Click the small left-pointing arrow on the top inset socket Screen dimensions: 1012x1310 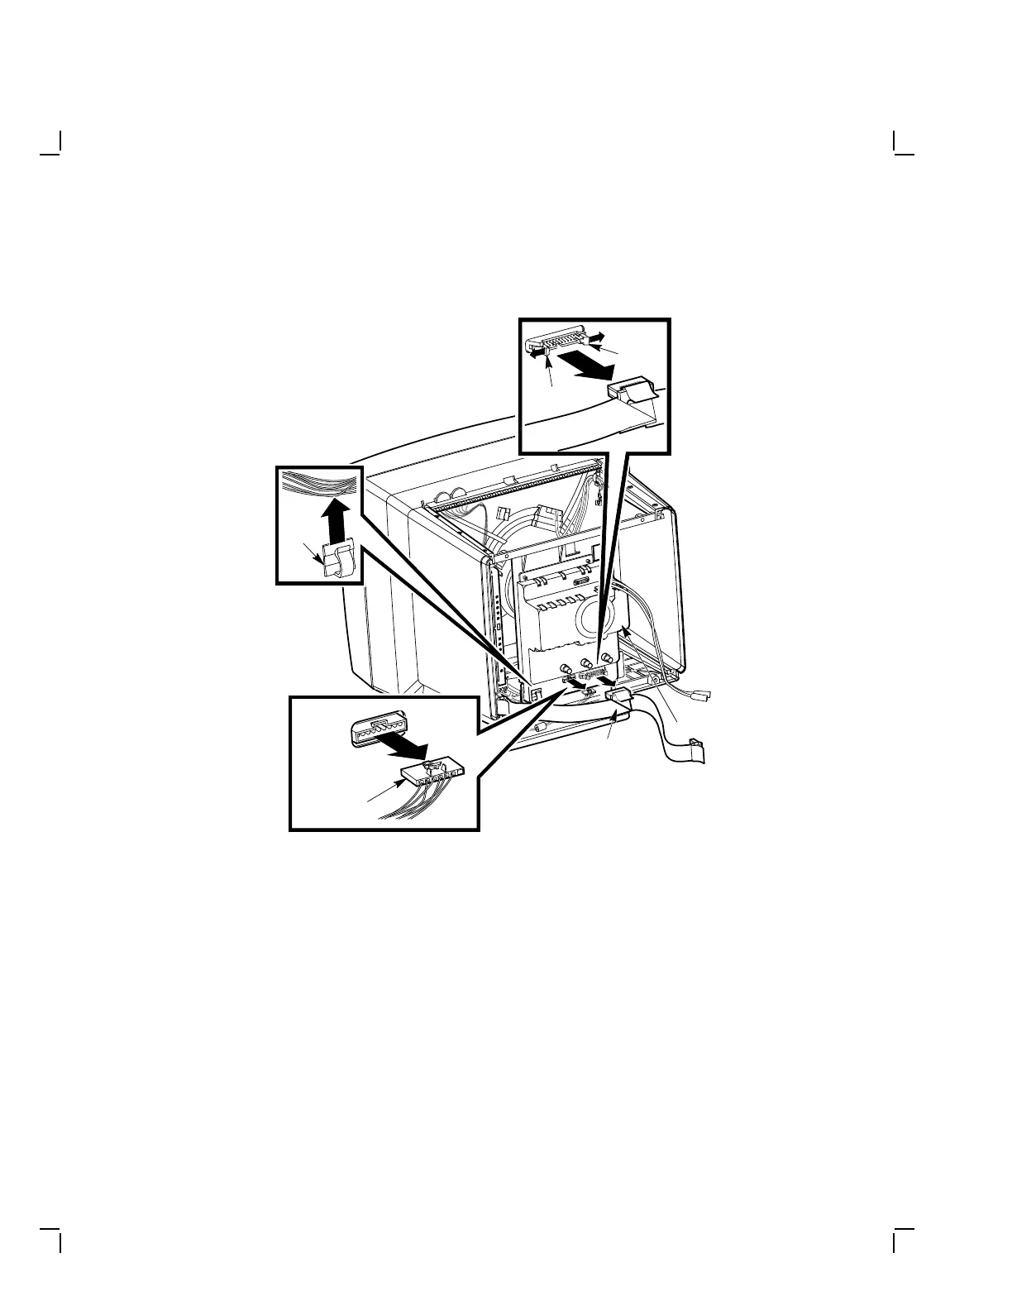(538, 351)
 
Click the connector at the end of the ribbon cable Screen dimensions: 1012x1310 (697, 752)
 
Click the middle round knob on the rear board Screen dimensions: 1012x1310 (586, 662)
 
